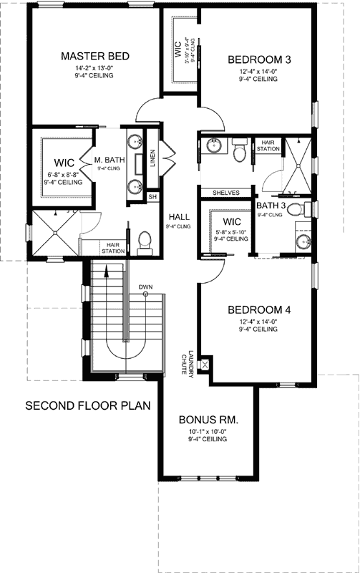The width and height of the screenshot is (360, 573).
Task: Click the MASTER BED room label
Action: [x=94, y=57]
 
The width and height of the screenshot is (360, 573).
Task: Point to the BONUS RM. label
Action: [x=208, y=419]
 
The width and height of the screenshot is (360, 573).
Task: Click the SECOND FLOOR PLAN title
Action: [x=88, y=405]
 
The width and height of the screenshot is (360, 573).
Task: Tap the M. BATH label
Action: [x=109, y=160]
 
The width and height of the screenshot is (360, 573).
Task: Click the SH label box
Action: [x=152, y=197]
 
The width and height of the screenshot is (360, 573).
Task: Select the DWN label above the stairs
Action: [x=145, y=287]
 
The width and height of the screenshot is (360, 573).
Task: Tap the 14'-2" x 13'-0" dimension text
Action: [x=94, y=68]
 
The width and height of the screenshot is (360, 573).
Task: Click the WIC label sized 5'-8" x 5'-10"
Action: [x=230, y=221]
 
